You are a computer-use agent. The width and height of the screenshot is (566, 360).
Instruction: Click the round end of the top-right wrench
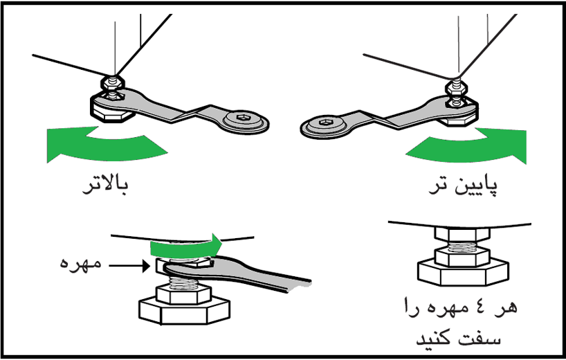pyautogui.click(x=324, y=125)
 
